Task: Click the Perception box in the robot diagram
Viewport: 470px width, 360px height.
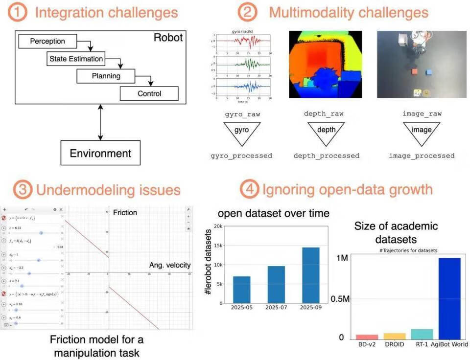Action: (47, 41)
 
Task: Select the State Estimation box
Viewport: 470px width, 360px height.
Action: (76, 59)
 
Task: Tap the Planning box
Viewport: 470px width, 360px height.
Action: (106, 76)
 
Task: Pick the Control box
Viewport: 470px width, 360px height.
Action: (149, 93)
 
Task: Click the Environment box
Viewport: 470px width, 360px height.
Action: (100, 153)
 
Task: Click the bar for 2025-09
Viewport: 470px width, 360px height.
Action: (310, 275)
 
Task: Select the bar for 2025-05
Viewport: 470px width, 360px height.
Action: (241, 290)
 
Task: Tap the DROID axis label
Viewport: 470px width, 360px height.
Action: (395, 344)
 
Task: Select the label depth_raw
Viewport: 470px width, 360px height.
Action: (326, 113)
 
